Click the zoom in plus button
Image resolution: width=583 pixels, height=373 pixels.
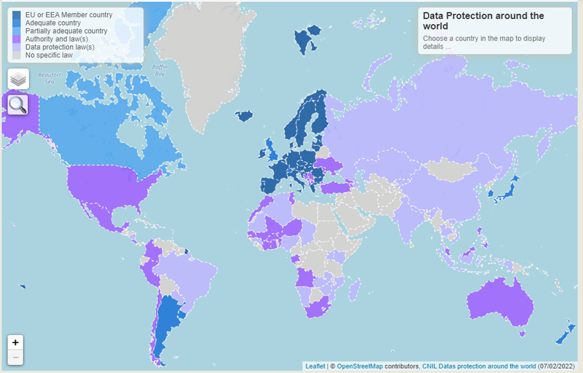pyautogui.click(x=16, y=342)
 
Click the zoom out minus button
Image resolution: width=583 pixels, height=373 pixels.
pyautogui.click(x=16, y=358)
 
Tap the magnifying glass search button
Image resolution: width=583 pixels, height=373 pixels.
pyautogui.click(x=18, y=105)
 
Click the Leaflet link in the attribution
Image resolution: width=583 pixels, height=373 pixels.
pyautogui.click(x=315, y=366)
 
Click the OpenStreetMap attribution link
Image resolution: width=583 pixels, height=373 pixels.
pyautogui.click(x=360, y=366)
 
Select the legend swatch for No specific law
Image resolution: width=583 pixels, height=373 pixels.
pyautogui.click(x=16, y=55)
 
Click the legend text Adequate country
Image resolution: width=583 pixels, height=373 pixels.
pyautogui.click(x=53, y=23)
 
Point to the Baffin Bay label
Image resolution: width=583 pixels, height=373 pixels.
pyautogui.click(x=160, y=70)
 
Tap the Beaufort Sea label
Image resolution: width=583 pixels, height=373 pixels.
pyautogui.click(x=50, y=78)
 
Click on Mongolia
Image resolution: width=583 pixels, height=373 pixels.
pyautogui.click(x=448, y=170)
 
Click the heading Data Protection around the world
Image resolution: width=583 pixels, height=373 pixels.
pyautogui.click(x=483, y=21)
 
